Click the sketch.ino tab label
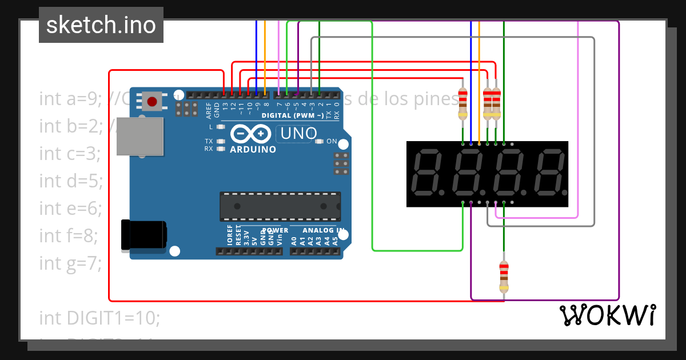(x=101, y=25)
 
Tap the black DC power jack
(x=143, y=235)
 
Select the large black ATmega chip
(x=280, y=206)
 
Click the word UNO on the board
(x=297, y=134)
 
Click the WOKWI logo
(x=607, y=315)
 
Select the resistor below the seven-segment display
(x=504, y=277)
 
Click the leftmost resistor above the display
(x=462, y=104)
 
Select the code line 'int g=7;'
(x=70, y=263)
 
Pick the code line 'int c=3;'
(x=70, y=153)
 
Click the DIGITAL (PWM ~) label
(x=292, y=115)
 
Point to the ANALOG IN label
(x=324, y=230)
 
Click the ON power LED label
(x=332, y=141)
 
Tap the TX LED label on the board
(x=209, y=141)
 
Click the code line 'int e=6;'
(x=70, y=208)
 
